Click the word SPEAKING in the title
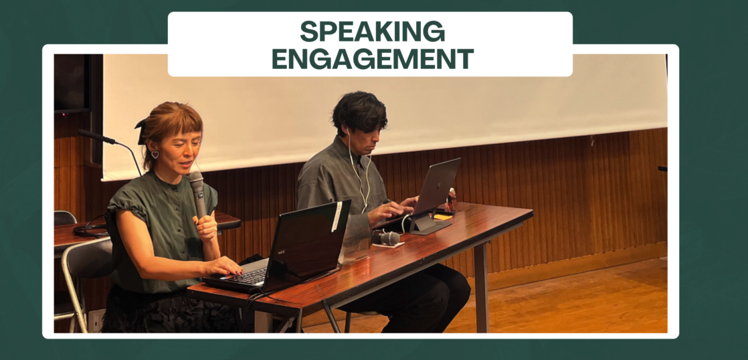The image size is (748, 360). (x=372, y=32)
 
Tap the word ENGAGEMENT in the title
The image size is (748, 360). (x=373, y=58)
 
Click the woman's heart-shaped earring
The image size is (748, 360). (x=155, y=155)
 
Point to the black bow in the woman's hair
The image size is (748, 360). (x=142, y=130)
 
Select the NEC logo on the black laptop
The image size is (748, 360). (x=282, y=253)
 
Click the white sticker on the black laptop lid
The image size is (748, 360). (x=337, y=217)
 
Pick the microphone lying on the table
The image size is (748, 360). (x=387, y=238)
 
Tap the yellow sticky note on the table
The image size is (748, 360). (x=443, y=217)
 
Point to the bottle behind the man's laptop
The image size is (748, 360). (x=451, y=199)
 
